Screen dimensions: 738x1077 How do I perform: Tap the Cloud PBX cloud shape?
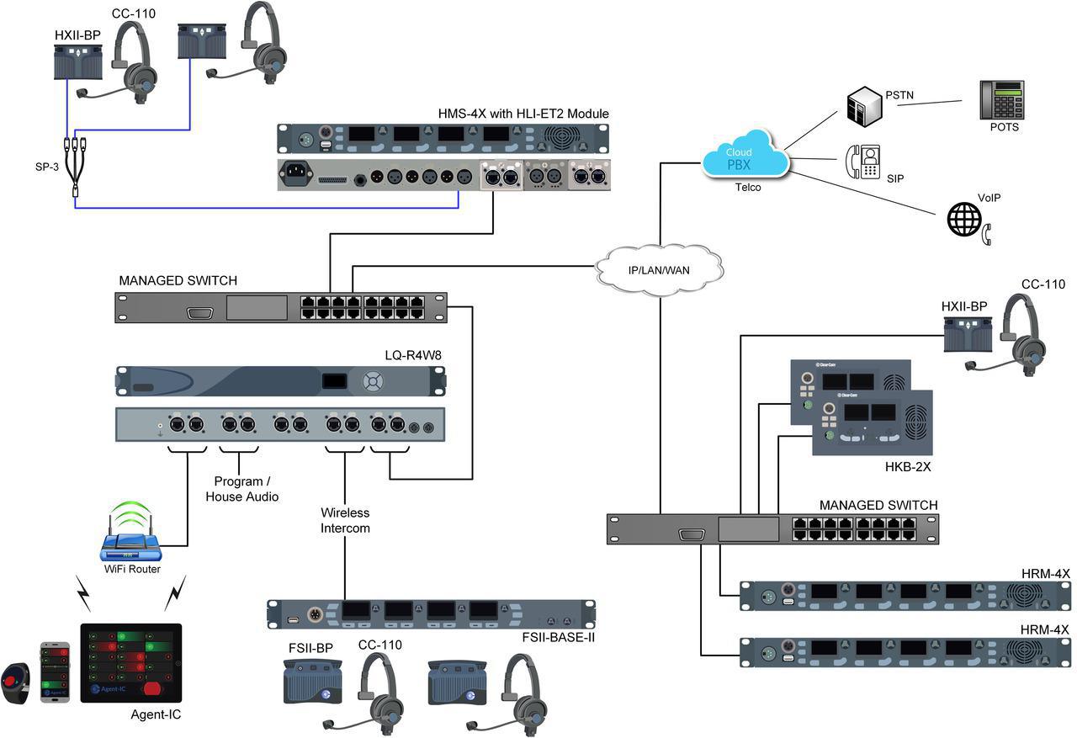[x=745, y=155]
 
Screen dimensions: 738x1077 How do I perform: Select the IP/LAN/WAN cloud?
[x=660, y=267]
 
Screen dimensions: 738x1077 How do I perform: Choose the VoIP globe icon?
[x=964, y=218]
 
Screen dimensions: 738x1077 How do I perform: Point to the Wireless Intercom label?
[x=345, y=520]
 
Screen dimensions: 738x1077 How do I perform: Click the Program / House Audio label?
[x=242, y=489]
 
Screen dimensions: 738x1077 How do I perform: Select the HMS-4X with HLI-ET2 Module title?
[x=523, y=114]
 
